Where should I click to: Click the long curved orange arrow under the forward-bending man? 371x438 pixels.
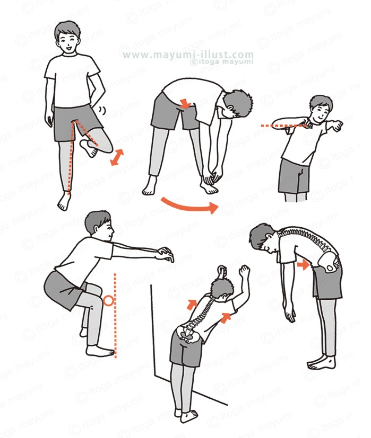(188, 207)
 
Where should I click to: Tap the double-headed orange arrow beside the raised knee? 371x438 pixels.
(117, 157)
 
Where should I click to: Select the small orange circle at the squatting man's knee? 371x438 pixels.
(109, 301)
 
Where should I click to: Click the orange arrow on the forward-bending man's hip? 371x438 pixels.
(185, 103)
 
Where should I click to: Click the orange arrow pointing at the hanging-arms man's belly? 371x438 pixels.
(303, 264)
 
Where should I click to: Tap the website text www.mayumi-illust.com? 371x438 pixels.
(188, 55)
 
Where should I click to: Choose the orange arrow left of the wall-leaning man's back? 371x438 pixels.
(192, 305)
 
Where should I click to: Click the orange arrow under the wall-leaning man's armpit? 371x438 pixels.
(226, 318)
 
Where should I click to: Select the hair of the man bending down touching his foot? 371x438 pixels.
(238, 103)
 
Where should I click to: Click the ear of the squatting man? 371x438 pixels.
(96, 229)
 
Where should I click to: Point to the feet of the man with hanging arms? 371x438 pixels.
(322, 362)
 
